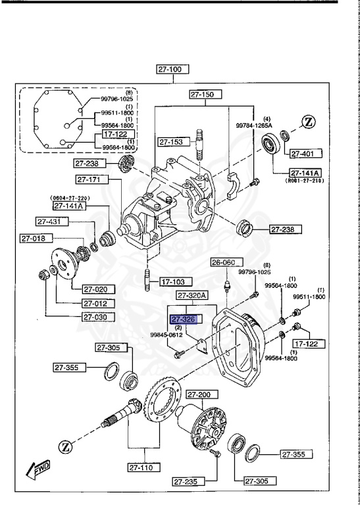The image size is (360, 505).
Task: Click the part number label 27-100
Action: click(x=172, y=68)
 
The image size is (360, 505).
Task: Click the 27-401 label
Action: click(x=306, y=154)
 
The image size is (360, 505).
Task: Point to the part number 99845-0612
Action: click(x=167, y=334)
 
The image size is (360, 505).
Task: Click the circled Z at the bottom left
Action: click(x=66, y=447)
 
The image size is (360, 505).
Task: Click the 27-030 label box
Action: click(x=99, y=316)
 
